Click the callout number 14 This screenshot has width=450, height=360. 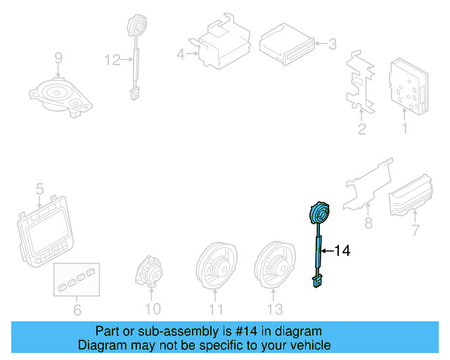342,250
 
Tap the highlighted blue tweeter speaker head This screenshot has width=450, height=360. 319,213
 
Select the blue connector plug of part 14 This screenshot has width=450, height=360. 317,281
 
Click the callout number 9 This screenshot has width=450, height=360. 58,58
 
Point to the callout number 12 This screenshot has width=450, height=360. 112,60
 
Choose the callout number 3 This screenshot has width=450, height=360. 333,44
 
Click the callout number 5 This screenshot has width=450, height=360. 39,189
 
